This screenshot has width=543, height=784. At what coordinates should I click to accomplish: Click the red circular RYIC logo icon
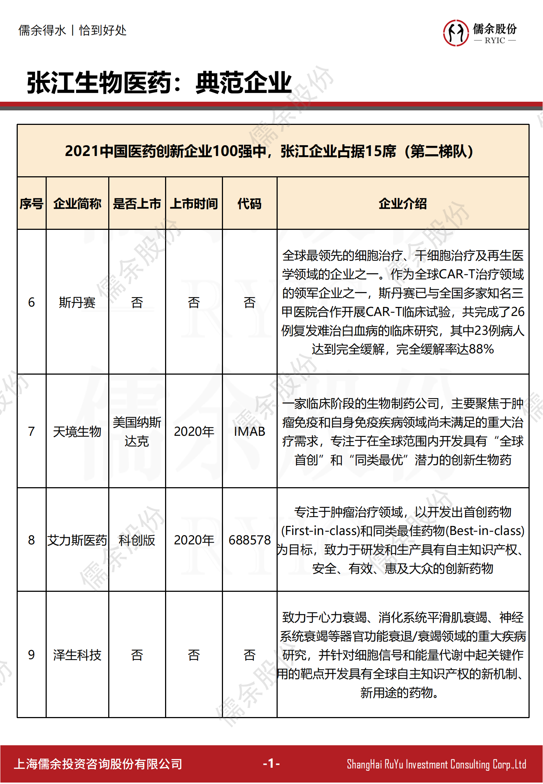[456, 33]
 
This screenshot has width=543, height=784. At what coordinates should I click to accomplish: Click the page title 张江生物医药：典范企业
[159, 83]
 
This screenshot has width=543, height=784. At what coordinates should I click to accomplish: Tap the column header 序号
[31, 204]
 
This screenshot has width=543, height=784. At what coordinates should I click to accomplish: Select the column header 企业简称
[77, 204]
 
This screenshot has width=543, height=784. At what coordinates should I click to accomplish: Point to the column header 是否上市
[137, 204]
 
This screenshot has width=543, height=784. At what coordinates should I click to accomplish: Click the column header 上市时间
[194, 204]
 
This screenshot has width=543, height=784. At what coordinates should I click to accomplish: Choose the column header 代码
[249, 204]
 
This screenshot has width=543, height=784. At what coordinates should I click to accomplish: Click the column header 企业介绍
[403, 204]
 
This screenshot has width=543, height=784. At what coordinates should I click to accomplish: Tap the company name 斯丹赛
[77, 302]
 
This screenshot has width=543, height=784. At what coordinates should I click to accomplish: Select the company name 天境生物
[77, 431]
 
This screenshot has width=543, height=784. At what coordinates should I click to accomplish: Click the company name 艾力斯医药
[77, 540]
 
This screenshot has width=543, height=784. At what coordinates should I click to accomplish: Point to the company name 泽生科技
[77, 655]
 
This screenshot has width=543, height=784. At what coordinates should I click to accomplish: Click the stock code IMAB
[249, 431]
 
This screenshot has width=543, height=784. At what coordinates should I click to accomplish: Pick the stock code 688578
[249, 540]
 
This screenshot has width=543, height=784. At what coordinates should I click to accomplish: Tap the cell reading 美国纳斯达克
[137, 431]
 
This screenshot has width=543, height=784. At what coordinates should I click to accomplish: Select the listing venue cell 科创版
[137, 540]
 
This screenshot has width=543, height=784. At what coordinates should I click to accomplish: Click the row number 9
[31, 655]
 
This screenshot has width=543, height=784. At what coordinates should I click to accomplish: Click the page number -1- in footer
[271, 763]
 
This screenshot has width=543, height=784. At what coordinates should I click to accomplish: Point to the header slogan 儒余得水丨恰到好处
[72, 30]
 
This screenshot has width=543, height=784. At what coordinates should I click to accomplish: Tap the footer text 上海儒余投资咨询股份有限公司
[98, 764]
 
